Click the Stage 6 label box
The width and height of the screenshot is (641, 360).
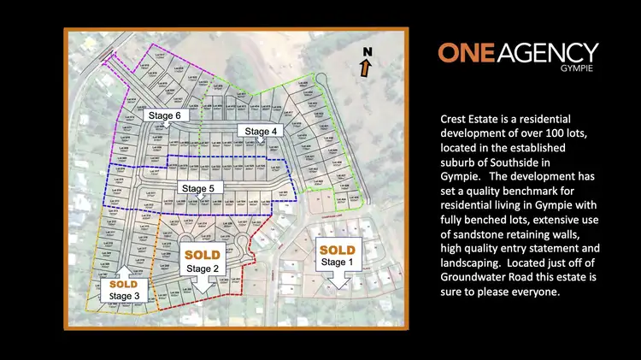tap(164, 115)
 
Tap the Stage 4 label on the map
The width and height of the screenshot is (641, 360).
tap(261, 131)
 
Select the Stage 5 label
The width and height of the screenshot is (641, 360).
tap(200, 187)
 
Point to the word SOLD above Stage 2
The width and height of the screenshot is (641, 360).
tap(202, 255)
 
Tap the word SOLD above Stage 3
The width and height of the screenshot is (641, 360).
tap(124, 284)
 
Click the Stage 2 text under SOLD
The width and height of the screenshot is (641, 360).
tap(203, 268)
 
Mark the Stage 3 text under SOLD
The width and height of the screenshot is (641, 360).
tap(125, 296)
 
